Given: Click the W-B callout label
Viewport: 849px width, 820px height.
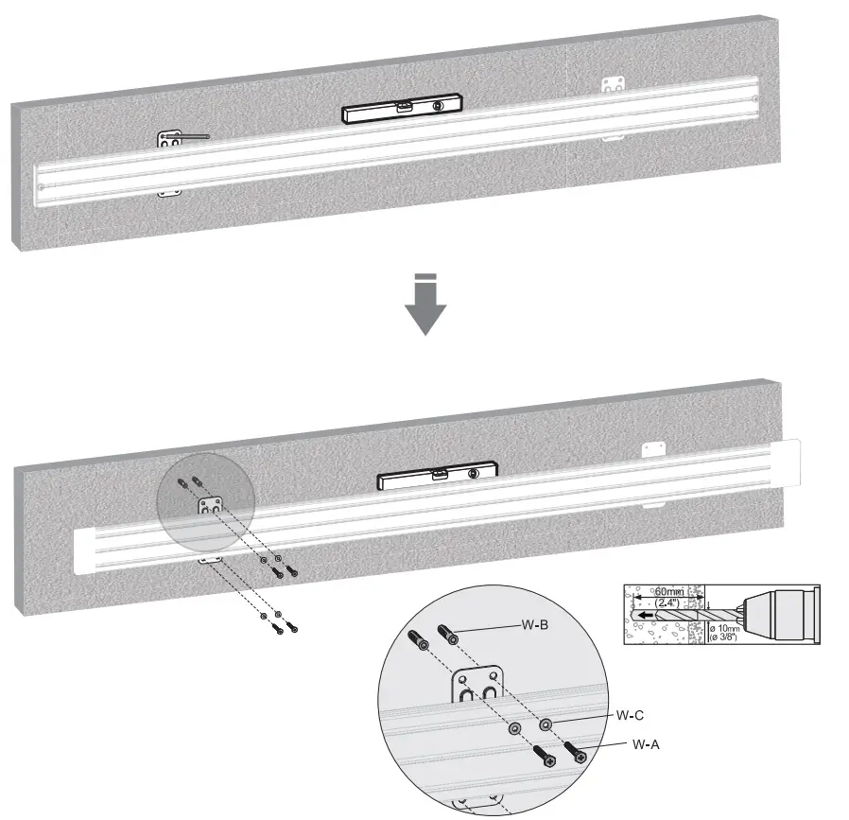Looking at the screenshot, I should (536, 625).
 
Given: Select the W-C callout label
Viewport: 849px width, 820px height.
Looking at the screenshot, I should (631, 716).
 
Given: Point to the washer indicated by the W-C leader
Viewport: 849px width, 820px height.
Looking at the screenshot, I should (546, 725).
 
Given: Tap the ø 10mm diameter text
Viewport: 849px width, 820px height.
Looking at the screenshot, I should (729, 627).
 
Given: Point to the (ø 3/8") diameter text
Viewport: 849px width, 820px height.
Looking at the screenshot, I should (729, 637).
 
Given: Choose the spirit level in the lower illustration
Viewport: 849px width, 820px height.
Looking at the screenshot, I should (437, 476).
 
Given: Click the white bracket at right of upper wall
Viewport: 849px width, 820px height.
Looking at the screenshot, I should (614, 84).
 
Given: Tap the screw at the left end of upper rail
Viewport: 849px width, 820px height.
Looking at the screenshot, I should (43, 188).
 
